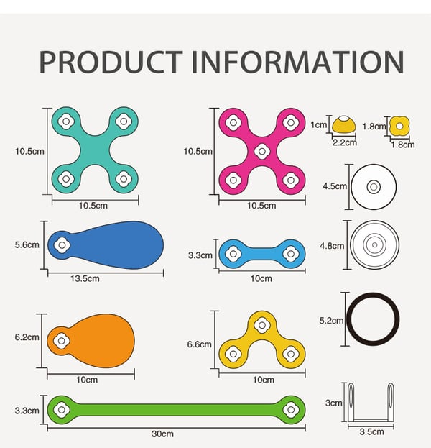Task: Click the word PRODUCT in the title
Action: click(111, 62)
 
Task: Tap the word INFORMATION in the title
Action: click(297, 62)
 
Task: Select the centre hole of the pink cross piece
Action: click(262, 152)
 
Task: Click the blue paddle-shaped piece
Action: click(106, 245)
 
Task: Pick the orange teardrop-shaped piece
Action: click(91, 341)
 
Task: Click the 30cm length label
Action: click(162, 434)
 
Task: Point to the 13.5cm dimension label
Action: click(85, 278)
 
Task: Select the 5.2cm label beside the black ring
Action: click(331, 321)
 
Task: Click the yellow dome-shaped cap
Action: click(344, 124)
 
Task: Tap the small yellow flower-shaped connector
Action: click(399, 126)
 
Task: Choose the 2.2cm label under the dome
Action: click(345, 142)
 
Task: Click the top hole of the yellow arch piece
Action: click(262, 325)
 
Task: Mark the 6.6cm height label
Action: click(199, 344)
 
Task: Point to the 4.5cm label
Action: click(335, 186)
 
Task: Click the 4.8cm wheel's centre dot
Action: click(374, 245)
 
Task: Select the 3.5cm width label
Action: click(371, 431)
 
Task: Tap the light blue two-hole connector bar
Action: click(262, 254)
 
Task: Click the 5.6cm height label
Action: click(27, 245)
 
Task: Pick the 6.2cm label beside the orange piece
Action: click(27, 337)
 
